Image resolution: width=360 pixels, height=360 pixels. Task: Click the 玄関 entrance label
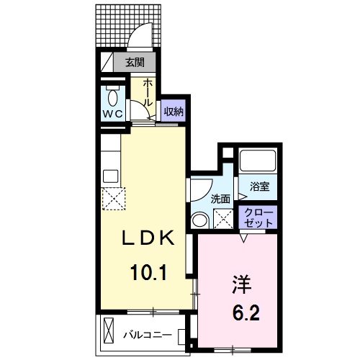tap(135, 63)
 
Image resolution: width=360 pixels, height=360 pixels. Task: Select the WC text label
tap(112, 114)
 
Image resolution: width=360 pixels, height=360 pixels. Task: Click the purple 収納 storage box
tap(173, 111)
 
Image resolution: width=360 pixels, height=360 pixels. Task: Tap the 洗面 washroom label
tap(220, 199)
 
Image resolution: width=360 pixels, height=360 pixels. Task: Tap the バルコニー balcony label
tap(146, 334)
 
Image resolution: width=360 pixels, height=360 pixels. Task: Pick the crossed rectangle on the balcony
tap(109, 333)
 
